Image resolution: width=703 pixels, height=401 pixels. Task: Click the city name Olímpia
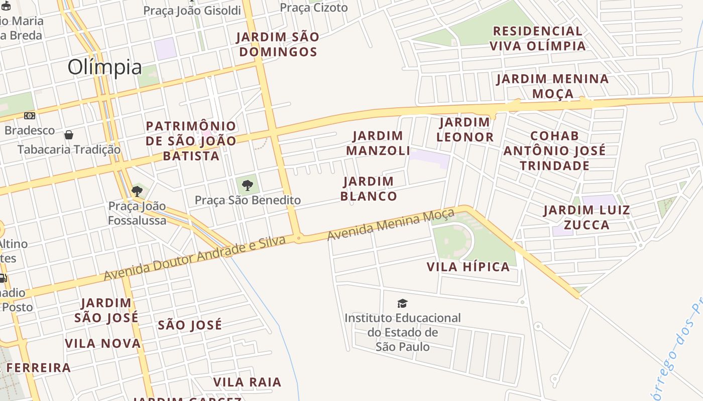104,67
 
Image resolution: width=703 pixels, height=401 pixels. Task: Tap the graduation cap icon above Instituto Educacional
402,303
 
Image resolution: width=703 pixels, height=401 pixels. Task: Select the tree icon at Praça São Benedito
247,185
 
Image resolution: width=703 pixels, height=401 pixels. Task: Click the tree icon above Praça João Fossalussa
137,191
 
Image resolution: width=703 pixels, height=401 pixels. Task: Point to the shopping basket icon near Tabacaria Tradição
69,135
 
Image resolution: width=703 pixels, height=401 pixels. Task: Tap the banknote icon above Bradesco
30,116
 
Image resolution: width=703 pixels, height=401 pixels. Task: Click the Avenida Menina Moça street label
391,225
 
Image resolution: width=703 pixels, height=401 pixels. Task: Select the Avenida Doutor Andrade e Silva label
195,258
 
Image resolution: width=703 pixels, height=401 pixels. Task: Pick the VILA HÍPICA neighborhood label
468,267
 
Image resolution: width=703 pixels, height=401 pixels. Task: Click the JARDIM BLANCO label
369,188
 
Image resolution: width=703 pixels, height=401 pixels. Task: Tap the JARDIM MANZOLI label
378,143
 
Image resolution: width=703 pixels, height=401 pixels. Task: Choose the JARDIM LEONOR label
464,129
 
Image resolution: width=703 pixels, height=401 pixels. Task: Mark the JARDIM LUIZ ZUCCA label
587,217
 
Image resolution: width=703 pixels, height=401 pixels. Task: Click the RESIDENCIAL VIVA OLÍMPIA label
537,39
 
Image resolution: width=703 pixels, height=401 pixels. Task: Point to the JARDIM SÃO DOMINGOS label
278,44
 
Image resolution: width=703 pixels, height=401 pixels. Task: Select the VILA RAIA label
247,382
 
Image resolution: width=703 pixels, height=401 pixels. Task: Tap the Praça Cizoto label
313,8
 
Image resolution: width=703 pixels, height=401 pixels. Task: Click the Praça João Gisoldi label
192,11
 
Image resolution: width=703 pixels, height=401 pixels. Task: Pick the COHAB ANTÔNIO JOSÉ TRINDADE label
554,150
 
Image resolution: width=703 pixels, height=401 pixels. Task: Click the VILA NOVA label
103,343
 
